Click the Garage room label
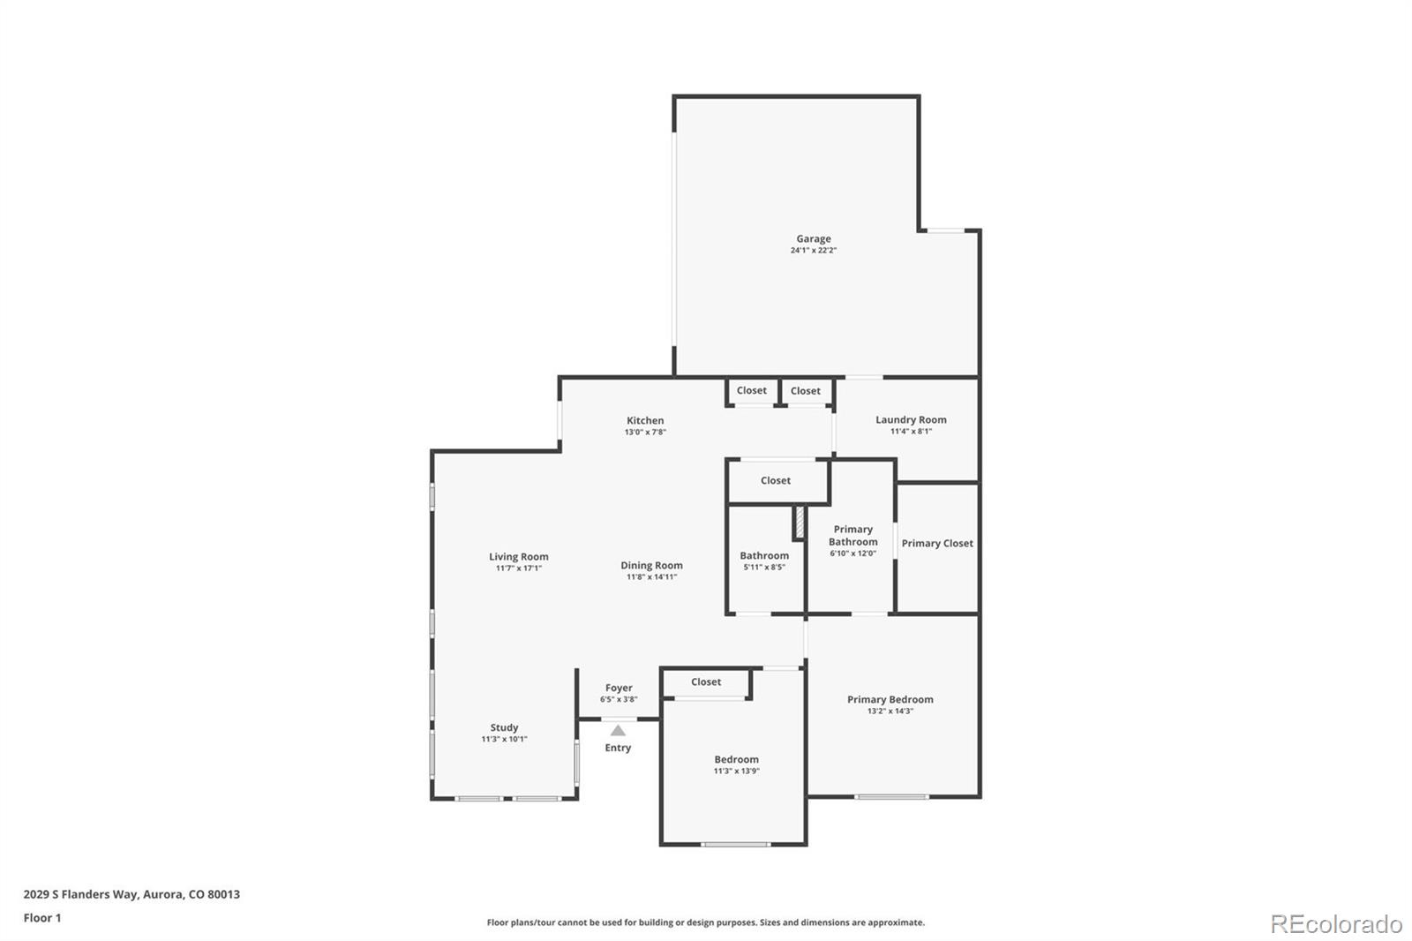(x=813, y=238)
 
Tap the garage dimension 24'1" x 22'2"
(x=813, y=251)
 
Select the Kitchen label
(x=645, y=420)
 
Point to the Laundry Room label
(x=911, y=419)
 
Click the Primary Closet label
(x=937, y=543)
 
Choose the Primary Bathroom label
(x=852, y=536)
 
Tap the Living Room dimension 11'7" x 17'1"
(x=518, y=568)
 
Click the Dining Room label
(x=651, y=565)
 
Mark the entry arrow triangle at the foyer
(x=618, y=730)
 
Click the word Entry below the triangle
(x=618, y=748)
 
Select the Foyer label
(x=619, y=688)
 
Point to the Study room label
(x=504, y=727)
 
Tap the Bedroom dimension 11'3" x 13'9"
(x=736, y=772)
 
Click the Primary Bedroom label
(x=890, y=699)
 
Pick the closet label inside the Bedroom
(x=706, y=681)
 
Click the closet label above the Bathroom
(x=776, y=480)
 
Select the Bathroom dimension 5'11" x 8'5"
(x=764, y=568)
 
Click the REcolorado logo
(x=1336, y=923)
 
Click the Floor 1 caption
(x=42, y=918)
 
